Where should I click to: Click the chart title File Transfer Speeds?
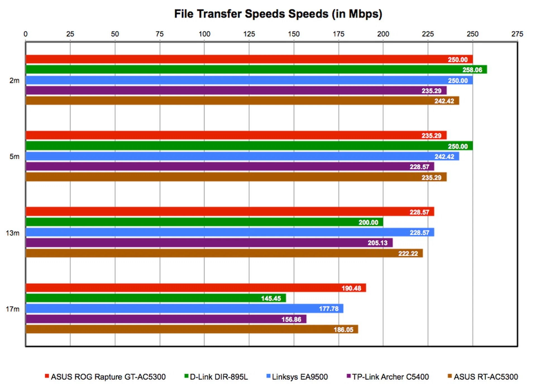pyautogui.click(x=278, y=14)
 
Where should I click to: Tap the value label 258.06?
pyautogui.click(x=472, y=70)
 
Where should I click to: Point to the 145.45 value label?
pyautogui.click(x=271, y=299)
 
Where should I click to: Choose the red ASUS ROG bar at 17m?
pyautogui.click(x=195, y=288)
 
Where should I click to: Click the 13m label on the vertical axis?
pyautogui.click(x=13, y=233)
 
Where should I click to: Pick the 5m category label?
pyautogui.click(x=15, y=157)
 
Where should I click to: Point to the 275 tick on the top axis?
pyautogui.click(x=517, y=34)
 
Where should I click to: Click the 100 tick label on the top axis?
pyautogui.click(x=204, y=34)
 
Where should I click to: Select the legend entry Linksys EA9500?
pyautogui.click(x=300, y=377)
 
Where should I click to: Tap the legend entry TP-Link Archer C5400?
pyautogui.click(x=390, y=377)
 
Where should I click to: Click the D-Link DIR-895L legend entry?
pyautogui.click(x=219, y=377)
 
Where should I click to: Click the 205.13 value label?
pyautogui.click(x=377, y=243)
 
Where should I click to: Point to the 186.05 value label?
pyautogui.click(x=343, y=330)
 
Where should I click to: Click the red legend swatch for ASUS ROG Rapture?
pyautogui.click(x=47, y=376)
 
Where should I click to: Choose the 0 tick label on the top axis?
pyautogui.click(x=25, y=34)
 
